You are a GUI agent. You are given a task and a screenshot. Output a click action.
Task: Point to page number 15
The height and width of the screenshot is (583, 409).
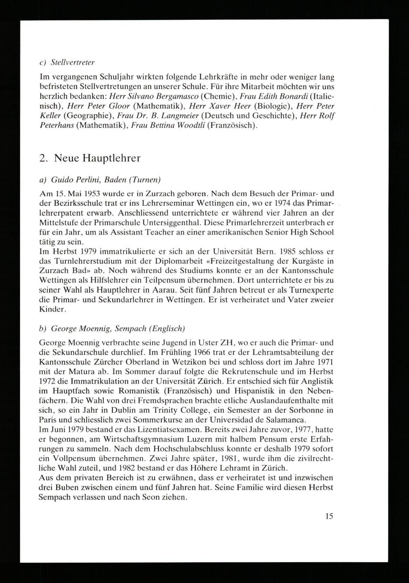point(329,516)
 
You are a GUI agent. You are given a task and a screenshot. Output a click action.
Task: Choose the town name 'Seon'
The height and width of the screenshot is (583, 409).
point(160,498)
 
